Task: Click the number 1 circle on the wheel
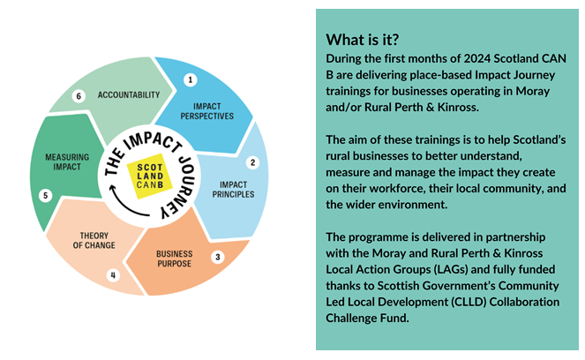(191, 79)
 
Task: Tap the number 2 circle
(252, 162)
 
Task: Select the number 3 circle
(218, 257)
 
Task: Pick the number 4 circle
(113, 275)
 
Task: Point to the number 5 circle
(46, 196)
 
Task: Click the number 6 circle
(79, 96)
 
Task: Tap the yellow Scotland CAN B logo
(150, 176)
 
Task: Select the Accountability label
(129, 95)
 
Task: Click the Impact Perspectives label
(207, 111)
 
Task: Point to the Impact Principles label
(233, 190)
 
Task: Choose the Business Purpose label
(174, 259)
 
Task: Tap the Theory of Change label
(94, 241)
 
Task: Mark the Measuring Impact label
(67, 161)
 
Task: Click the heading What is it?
(363, 40)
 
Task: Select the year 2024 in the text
(476, 58)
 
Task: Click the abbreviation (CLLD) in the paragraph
(469, 302)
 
